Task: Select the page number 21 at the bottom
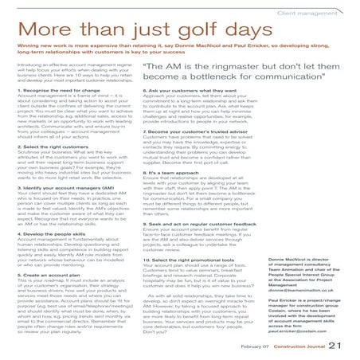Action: coord(343,344)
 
